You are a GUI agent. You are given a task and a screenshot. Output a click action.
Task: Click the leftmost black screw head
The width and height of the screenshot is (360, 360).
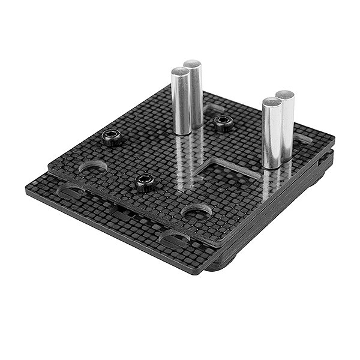[x=112, y=138]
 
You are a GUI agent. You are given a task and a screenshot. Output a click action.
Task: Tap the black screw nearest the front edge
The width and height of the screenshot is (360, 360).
[x=145, y=182]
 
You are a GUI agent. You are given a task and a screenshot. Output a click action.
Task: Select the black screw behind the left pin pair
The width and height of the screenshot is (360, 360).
[x=224, y=124]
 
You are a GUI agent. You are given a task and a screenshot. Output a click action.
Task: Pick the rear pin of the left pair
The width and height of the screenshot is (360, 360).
[x=193, y=93]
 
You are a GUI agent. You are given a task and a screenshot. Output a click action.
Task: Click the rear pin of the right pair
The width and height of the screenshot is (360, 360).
[x=285, y=123]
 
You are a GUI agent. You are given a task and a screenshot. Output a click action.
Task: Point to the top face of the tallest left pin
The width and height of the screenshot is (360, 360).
[x=193, y=64]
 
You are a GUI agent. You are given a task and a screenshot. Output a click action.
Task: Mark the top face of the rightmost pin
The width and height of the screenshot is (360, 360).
[x=285, y=95]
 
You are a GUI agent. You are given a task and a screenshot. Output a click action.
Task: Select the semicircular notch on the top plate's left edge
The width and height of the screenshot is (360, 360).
[x=93, y=166]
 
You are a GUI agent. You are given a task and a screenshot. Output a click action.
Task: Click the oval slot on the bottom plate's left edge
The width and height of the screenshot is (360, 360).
[x=71, y=191]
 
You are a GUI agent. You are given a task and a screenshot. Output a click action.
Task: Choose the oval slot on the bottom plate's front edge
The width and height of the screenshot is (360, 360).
[x=174, y=240]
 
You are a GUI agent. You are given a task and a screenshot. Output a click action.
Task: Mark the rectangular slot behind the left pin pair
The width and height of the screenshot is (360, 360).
[x=214, y=109]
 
